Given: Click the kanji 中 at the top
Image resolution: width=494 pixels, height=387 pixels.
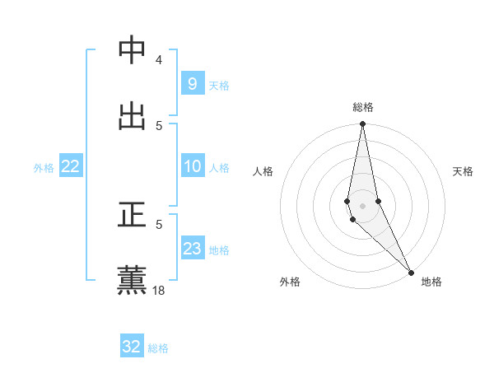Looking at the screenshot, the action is point(133,50).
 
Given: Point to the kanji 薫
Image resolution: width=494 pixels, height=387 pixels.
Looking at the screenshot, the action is point(133,280).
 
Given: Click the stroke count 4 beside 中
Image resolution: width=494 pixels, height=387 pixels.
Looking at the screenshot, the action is point(158,60).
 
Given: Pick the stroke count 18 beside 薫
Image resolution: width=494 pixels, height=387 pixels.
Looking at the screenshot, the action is point(159,290).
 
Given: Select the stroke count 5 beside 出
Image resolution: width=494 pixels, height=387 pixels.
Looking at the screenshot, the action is point(159,125).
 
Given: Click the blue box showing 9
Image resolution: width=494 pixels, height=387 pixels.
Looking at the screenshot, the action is point(192,84).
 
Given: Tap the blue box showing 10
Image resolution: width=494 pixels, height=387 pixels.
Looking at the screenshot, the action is point(192,166).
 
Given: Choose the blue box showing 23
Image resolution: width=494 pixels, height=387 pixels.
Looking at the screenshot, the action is point(192,249).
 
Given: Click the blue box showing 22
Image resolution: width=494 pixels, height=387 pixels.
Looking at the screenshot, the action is point(71,166).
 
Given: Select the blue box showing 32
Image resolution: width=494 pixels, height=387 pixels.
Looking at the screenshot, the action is point(132,347).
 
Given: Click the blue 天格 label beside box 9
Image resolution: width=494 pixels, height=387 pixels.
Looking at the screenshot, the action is point(219,85).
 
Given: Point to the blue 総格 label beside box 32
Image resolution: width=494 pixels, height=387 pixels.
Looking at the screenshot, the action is point(158,347).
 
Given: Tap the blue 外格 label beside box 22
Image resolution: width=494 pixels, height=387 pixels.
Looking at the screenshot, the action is point(44,167).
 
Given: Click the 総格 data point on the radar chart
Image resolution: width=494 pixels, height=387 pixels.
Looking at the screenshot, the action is point(362,124).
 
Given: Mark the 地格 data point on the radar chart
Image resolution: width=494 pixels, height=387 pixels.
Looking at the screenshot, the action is point(411,272).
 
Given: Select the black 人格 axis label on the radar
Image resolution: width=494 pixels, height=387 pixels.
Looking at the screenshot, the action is point(263,171).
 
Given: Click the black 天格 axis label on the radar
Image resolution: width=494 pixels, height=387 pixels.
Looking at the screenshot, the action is point(463,171).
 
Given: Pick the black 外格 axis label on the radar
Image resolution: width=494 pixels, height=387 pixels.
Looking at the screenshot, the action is point(290,282).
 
